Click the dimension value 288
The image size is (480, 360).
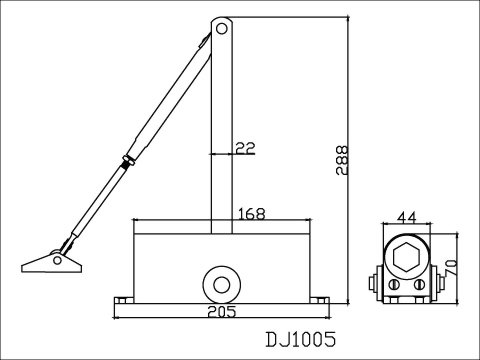342,160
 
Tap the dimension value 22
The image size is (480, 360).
245,148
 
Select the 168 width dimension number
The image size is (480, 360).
252,214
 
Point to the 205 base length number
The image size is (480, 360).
221,312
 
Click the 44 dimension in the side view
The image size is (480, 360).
407,218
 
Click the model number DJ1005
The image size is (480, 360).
301,340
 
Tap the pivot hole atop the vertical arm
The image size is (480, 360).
221,29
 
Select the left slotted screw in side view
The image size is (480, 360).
394,284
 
